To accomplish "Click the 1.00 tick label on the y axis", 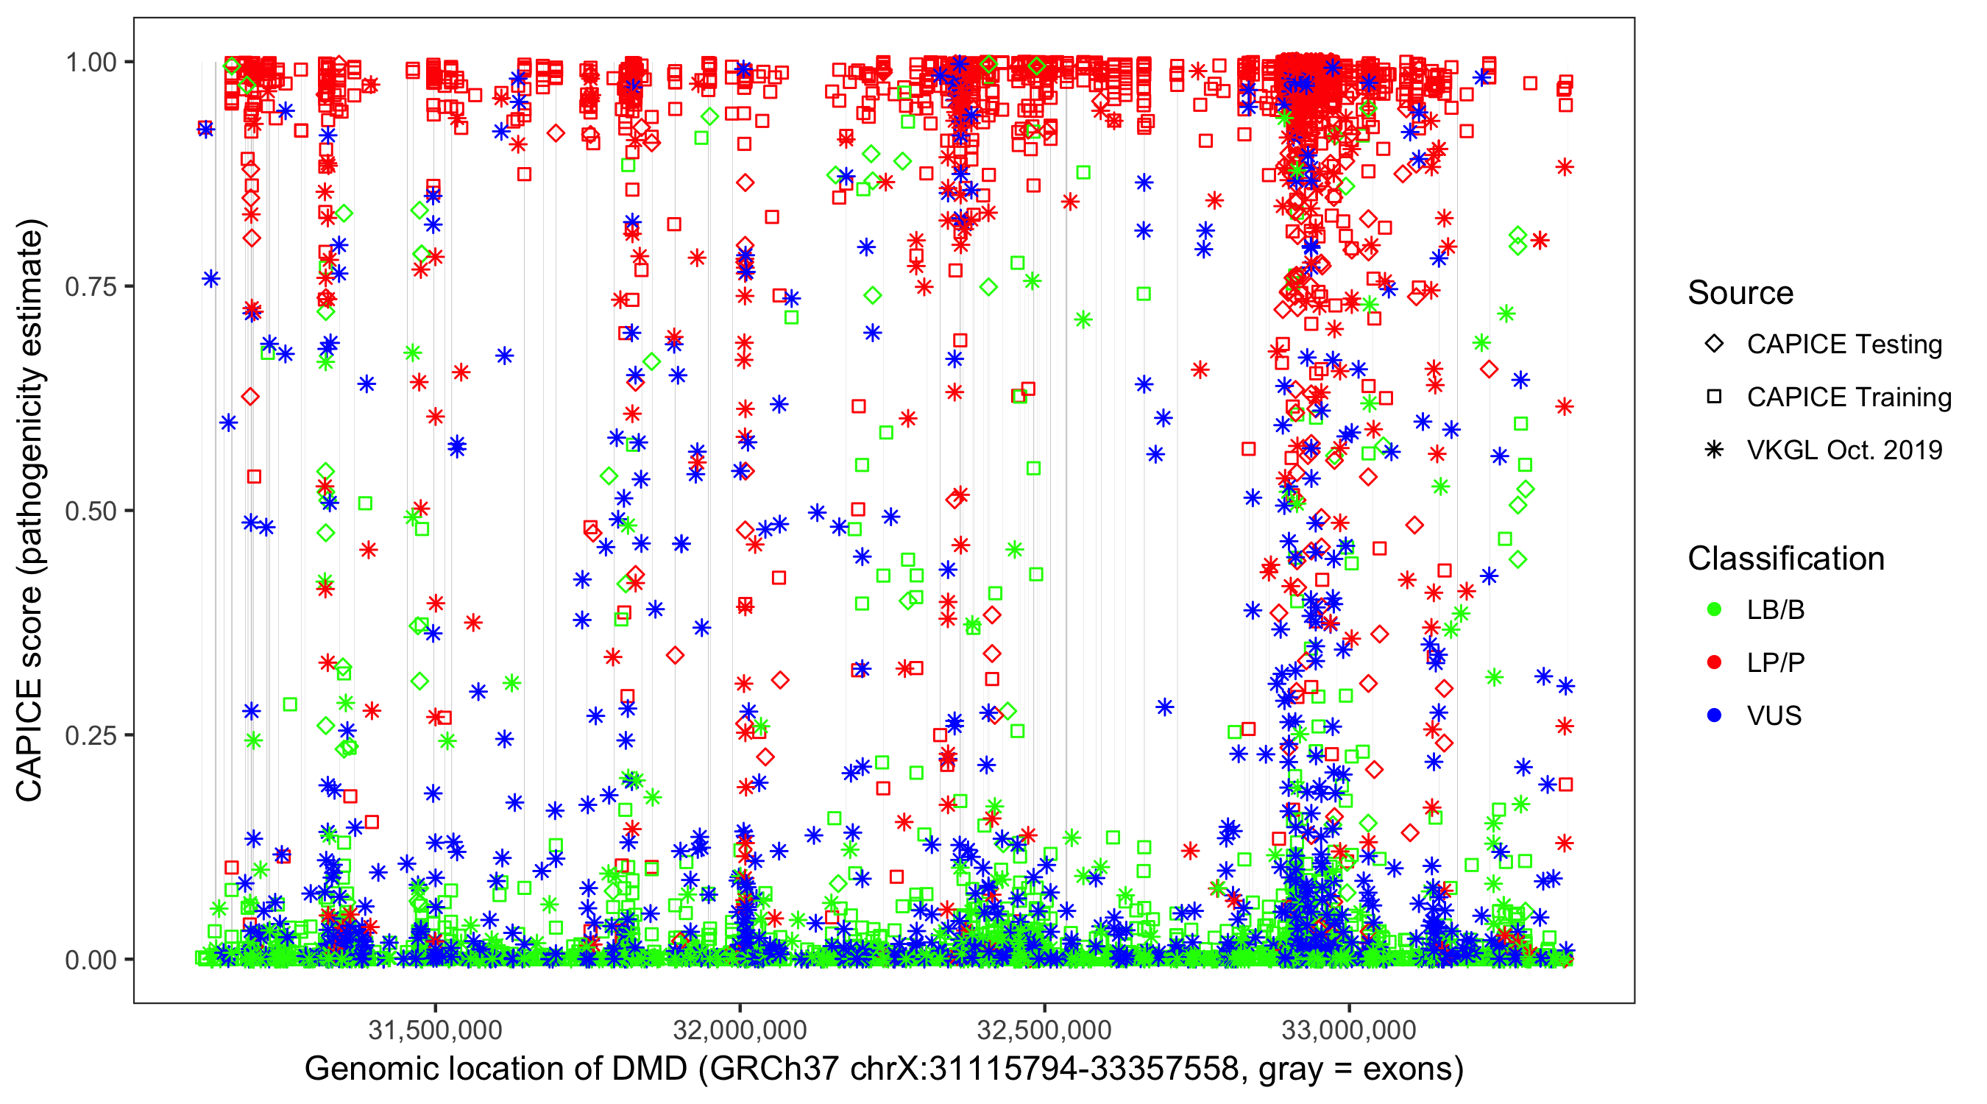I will coord(91,62).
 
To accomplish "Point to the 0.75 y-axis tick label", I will coord(91,286).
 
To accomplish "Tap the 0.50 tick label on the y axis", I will coord(91,511).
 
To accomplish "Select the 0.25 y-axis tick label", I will coord(91,735).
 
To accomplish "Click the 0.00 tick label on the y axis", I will coord(91,959).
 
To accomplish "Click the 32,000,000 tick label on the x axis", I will coord(740,1030).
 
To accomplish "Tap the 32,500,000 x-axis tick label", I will coord(1044,1030).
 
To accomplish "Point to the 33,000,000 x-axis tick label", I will coord(1349,1030).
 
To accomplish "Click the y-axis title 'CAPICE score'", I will coord(31,511).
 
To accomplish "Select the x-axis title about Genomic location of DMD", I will coord(884,1069).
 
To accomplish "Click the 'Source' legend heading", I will coord(1740,293).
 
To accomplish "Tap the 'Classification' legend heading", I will coord(1785,559).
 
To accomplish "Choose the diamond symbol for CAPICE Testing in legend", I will coord(1714,344).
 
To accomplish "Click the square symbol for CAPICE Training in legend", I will coord(1714,397).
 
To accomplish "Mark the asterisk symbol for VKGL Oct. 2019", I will coord(1714,450).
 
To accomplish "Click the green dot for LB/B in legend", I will coord(1714,609).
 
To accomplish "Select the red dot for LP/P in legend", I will coord(1714,662).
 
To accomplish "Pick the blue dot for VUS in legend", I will coord(1714,716).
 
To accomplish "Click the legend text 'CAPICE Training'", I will coord(1849,397).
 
